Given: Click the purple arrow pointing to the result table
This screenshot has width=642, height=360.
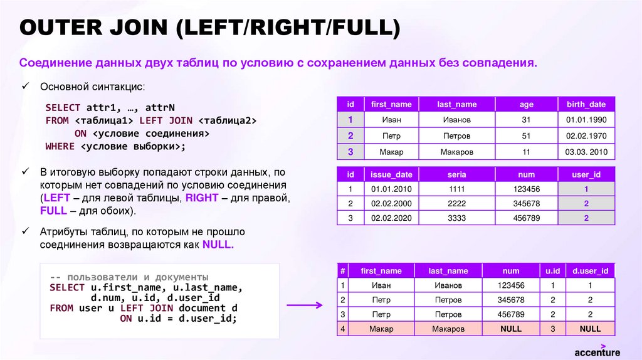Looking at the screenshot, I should [305, 305].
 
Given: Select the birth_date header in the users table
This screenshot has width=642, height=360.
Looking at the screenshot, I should [586, 104].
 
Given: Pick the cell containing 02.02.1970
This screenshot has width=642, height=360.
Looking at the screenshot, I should [586, 135].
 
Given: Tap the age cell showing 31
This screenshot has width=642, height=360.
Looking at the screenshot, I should [526, 120].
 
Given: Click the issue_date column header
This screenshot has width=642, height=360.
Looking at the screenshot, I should [391, 174].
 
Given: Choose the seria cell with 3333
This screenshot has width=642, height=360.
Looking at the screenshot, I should [456, 218].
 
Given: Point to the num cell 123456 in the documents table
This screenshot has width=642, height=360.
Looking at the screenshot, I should [525, 189].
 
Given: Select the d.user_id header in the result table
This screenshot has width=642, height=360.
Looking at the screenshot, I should [590, 271].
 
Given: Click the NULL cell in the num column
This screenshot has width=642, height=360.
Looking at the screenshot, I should [511, 329].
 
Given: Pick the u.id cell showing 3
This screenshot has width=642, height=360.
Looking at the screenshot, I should [552, 329].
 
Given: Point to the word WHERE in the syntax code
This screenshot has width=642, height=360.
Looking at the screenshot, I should [60, 146].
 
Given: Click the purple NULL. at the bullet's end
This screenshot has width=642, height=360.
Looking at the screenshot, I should [218, 245].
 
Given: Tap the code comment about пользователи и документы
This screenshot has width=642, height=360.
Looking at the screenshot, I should [129, 277].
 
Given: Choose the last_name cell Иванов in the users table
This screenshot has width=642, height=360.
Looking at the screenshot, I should [456, 120].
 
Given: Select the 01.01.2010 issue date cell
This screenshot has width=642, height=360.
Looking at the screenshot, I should [391, 189].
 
